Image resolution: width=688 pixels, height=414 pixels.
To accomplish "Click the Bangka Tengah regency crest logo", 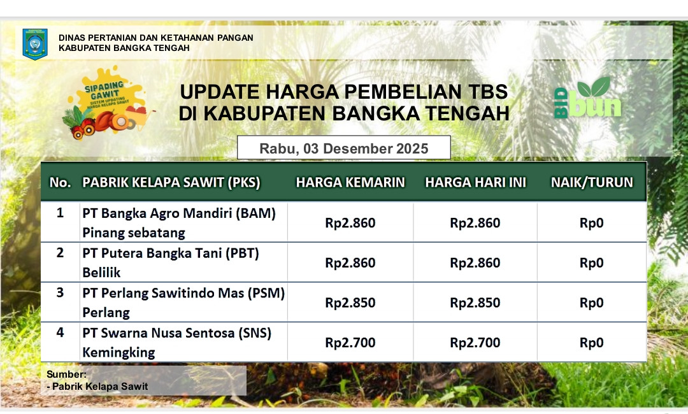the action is (34, 44).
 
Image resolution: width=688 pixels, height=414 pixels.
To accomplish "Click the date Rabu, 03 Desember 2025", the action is (343, 148).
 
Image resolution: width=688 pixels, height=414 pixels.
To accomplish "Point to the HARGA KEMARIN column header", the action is (350, 182).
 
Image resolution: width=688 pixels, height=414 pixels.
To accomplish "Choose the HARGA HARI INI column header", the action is (475, 182).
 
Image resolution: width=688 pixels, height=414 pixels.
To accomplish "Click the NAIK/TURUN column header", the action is (592, 182).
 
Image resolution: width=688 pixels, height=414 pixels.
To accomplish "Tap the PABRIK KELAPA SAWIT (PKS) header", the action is (171, 182).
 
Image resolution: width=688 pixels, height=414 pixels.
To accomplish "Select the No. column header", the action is (60, 182).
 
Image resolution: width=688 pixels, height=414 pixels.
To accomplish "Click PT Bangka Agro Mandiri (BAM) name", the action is (179, 213).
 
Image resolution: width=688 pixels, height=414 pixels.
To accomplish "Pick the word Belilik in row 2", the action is (101, 273).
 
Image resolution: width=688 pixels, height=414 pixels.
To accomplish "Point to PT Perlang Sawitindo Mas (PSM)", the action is (183, 293).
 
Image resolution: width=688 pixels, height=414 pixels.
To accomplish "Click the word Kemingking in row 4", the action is (118, 353).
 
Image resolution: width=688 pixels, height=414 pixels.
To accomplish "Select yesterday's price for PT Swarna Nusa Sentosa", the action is (350, 343).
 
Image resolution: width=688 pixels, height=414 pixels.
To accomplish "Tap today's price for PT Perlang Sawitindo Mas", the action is (475, 303).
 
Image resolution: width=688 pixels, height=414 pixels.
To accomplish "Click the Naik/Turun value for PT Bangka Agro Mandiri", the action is (591, 223).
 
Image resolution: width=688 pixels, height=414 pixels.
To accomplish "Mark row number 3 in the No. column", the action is (60, 292).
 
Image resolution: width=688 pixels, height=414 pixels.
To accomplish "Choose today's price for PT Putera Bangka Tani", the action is (475, 262).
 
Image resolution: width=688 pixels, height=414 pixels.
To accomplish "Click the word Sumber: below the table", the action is (67, 374).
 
